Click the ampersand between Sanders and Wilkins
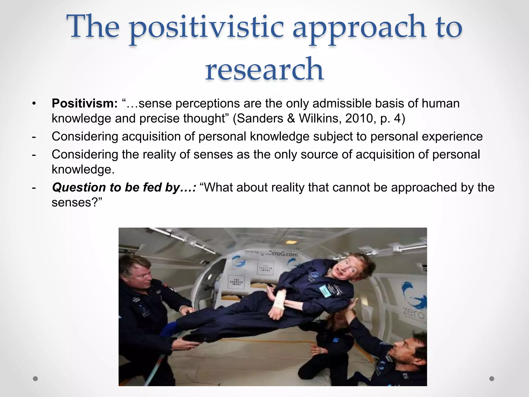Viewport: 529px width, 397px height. (x=291, y=118)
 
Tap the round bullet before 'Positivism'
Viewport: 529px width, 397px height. (x=34, y=104)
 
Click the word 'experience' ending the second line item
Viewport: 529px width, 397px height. (x=452, y=136)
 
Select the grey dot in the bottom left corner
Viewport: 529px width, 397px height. (x=35, y=379)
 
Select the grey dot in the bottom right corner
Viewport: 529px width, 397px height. (x=492, y=379)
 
